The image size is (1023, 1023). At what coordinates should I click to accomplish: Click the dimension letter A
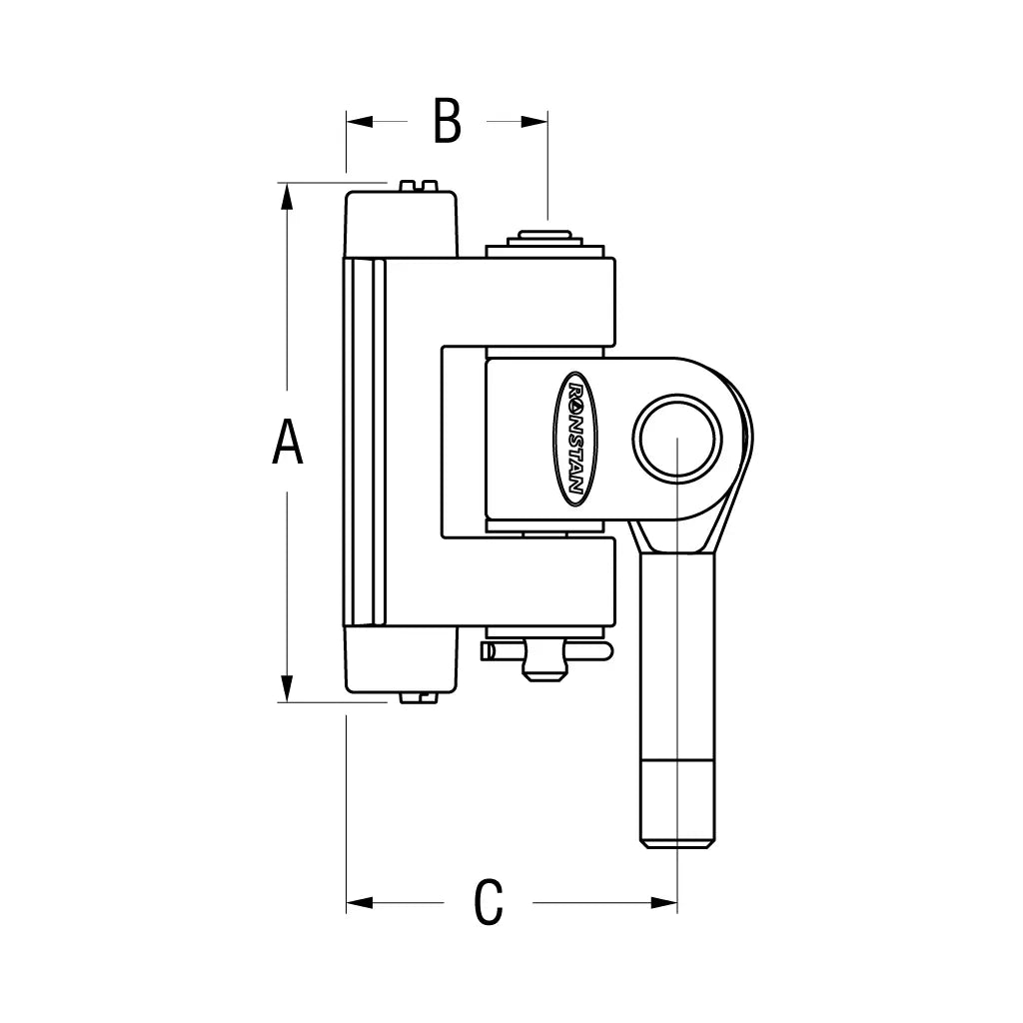[288, 444]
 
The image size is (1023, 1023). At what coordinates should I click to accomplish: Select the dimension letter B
[447, 122]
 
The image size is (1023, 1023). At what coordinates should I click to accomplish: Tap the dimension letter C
[488, 902]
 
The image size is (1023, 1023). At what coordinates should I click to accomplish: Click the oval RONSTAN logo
[574, 439]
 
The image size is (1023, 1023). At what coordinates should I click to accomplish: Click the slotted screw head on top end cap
[418, 185]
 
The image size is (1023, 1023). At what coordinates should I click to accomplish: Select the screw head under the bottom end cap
[418, 696]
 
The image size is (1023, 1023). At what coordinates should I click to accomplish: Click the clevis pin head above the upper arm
[544, 241]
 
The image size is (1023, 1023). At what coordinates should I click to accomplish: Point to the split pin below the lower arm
[545, 653]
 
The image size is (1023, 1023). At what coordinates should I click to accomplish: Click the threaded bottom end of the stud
[677, 804]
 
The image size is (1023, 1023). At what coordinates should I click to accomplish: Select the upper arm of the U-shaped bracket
[529, 301]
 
